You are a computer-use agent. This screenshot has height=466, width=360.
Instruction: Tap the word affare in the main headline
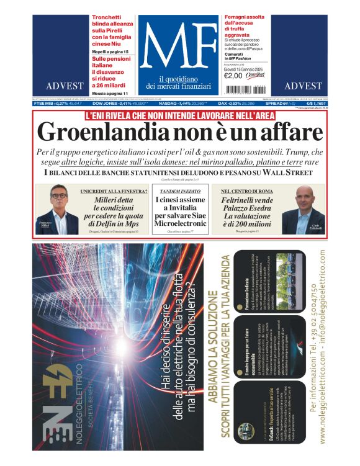(x=290, y=132)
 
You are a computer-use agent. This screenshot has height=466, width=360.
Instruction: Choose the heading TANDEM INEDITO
(x=180, y=191)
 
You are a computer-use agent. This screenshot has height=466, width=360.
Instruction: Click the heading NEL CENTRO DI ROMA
(x=240, y=191)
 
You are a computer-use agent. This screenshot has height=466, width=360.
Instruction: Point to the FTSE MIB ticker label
(x=47, y=104)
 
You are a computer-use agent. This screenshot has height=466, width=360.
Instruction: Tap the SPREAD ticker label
(x=290, y=104)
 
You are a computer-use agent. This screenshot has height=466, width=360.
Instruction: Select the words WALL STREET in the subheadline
(x=294, y=172)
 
